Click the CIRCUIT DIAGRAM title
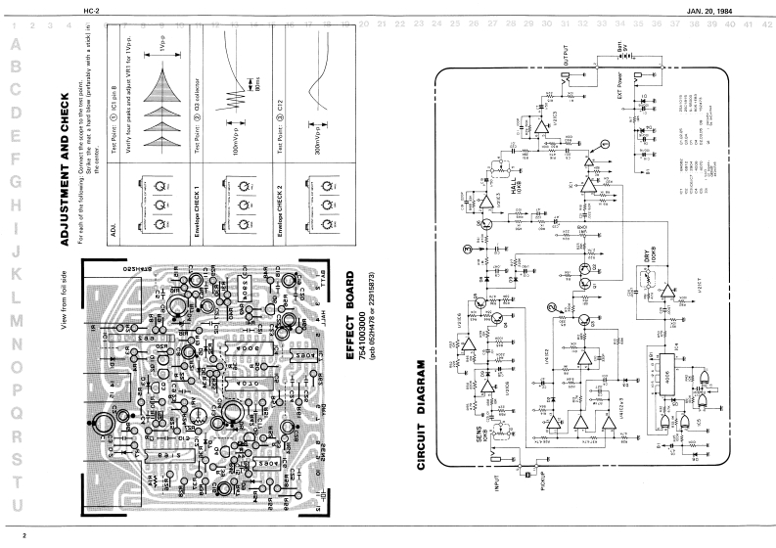tap(423, 415)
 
